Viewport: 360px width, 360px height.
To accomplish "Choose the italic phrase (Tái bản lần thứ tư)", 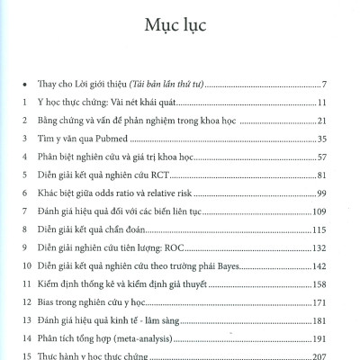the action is coord(155,84).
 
